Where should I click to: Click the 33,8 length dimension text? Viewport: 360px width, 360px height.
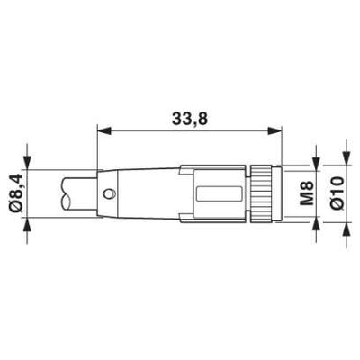click(x=190, y=120)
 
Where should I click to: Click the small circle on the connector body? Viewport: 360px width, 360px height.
click(x=108, y=193)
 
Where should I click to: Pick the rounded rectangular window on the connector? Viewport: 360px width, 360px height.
click(x=220, y=193)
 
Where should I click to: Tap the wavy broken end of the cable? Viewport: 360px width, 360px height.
click(x=65, y=193)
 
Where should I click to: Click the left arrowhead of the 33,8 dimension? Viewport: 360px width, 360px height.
click(x=103, y=130)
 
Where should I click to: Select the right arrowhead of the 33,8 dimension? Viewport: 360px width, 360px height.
click(x=275, y=130)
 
